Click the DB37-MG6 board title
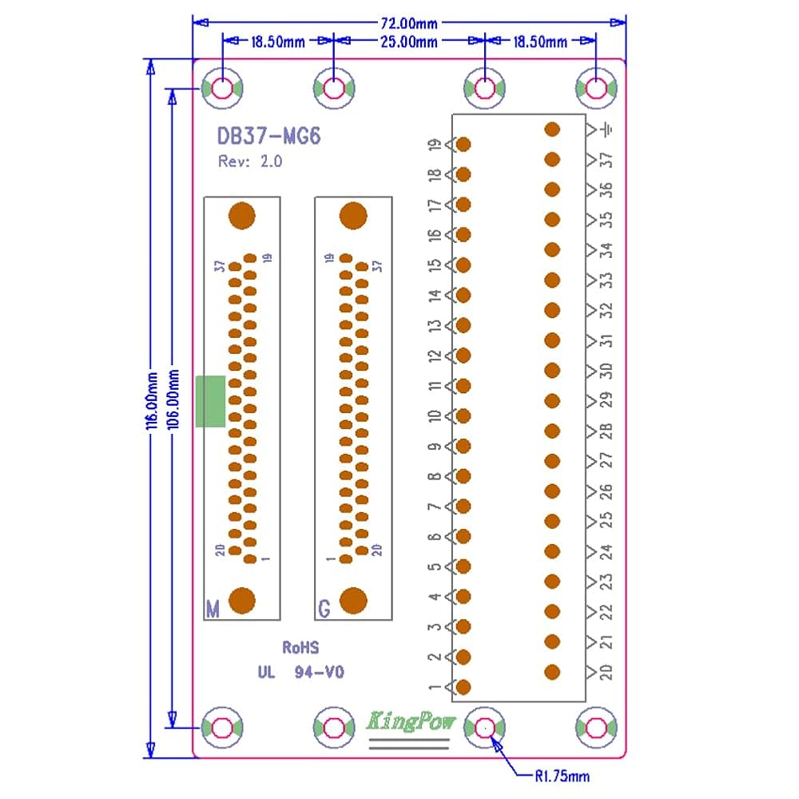pos(269,137)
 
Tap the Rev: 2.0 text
pos(249,161)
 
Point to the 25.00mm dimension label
pos(407,42)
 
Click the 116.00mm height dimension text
pos(149,399)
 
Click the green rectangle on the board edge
pos(210,401)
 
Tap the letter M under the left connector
pos(213,609)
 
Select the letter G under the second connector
pos(324,609)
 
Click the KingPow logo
pos(411,721)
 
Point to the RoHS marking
pos(300,646)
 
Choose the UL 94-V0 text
pos(300,673)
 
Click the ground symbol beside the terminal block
pos(609,129)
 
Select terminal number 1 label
pos(435,687)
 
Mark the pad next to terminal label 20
pos(552,672)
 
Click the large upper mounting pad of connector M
pos(241,216)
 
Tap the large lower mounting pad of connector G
pos(353,601)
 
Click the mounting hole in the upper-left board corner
pos(221,89)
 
